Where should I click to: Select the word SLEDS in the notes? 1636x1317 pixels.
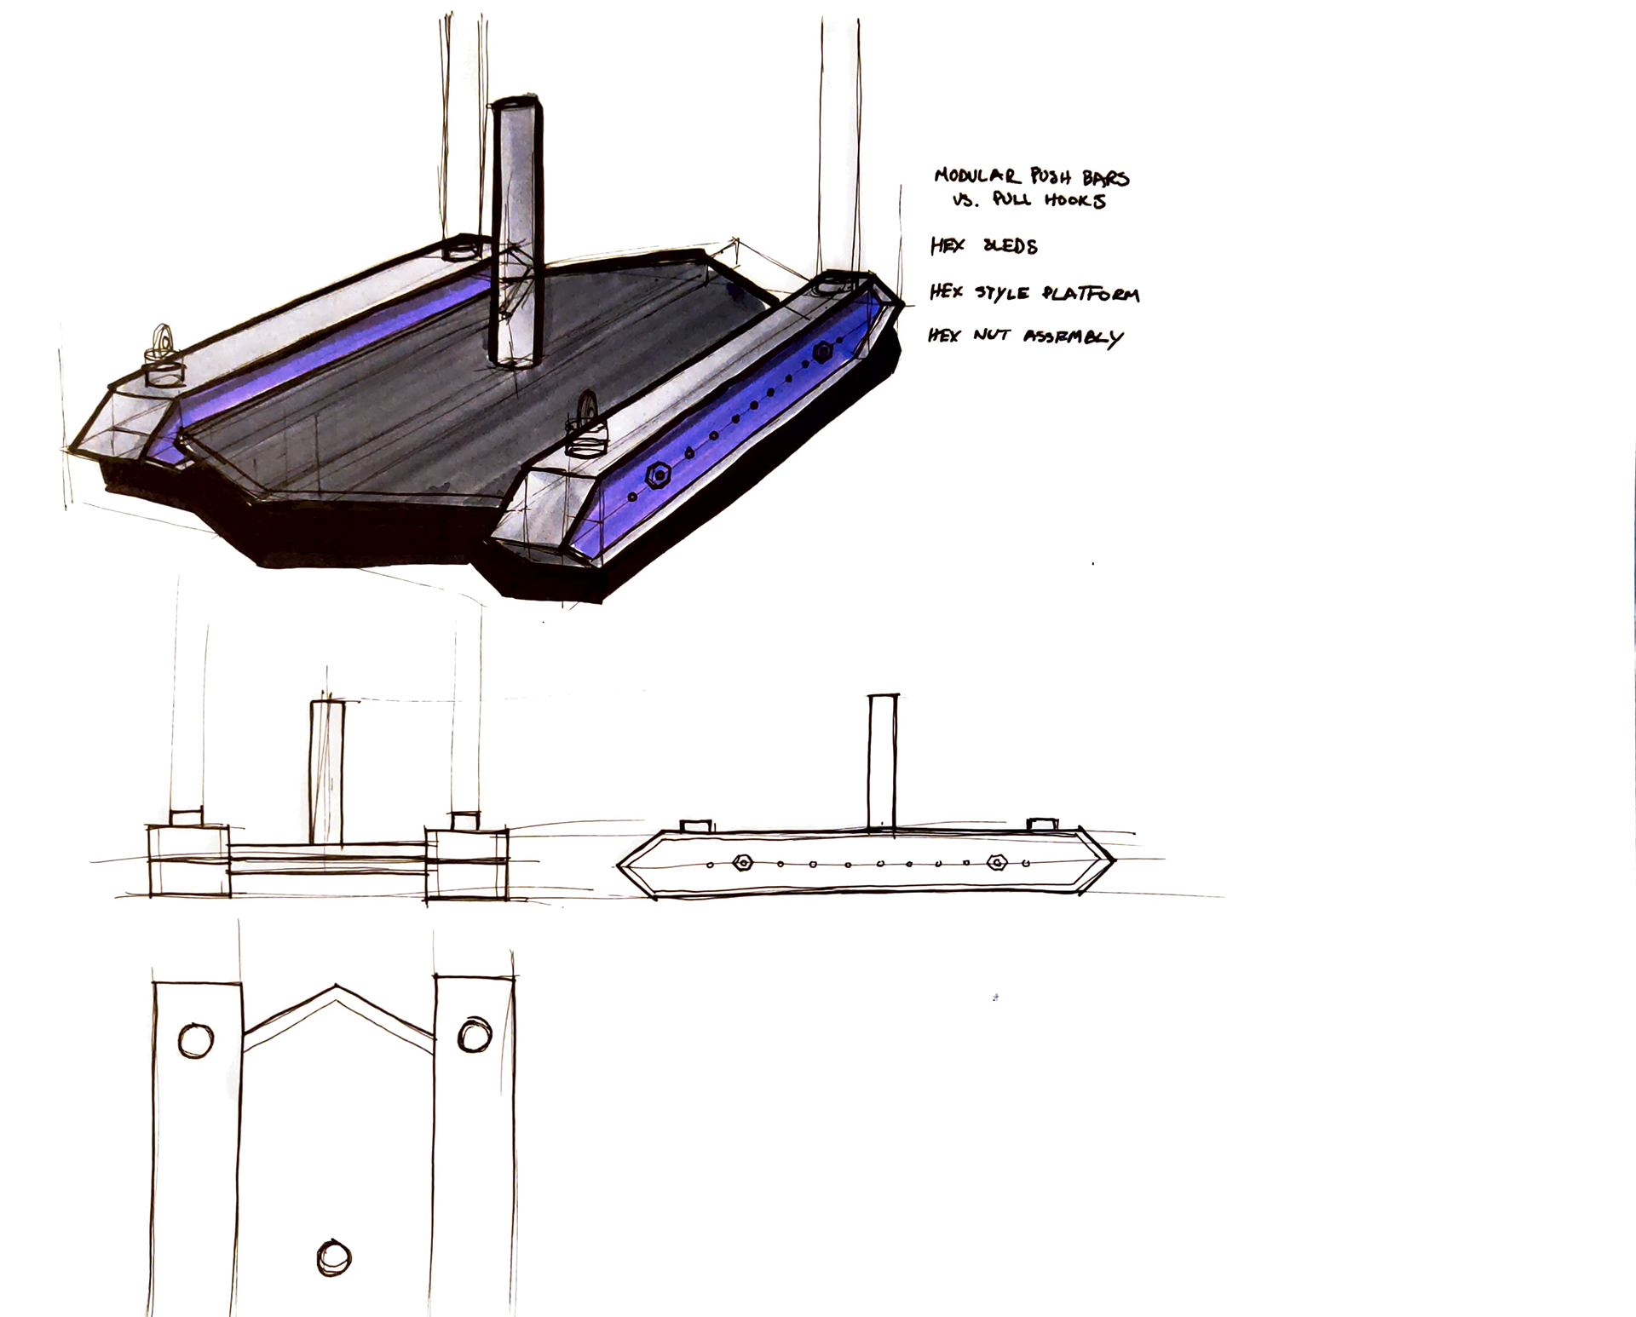point(1011,247)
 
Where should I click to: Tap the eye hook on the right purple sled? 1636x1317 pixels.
point(588,412)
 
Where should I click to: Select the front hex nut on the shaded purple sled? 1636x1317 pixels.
point(657,476)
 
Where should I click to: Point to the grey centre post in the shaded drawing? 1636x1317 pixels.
point(517,230)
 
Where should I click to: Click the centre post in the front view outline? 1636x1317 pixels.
point(326,772)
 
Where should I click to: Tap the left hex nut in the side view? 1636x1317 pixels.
point(742,863)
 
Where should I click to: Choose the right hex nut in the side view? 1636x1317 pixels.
point(996,863)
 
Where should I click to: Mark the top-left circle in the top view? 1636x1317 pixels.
point(196,1040)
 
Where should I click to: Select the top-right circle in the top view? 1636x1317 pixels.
point(475,1035)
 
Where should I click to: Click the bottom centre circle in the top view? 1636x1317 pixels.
point(334,1257)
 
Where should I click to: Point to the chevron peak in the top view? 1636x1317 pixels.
point(337,988)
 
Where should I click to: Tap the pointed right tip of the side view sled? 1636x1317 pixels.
point(1111,859)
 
